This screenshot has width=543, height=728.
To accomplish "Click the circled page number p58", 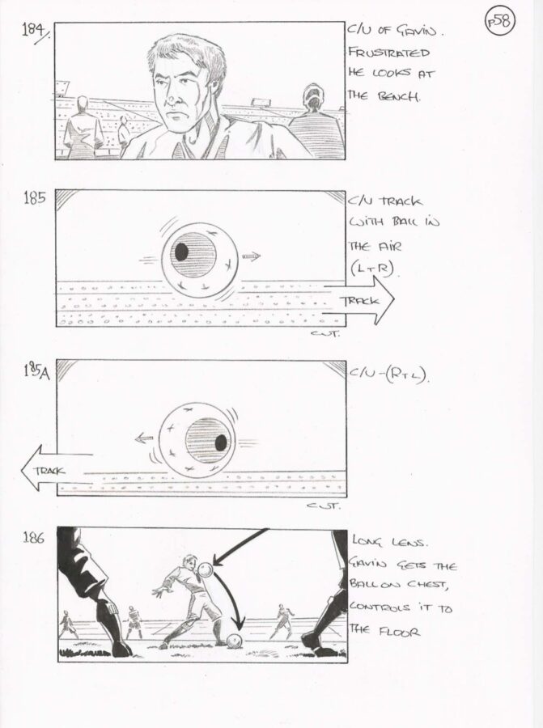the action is (x=500, y=22).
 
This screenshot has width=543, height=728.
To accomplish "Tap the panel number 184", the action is (x=35, y=31).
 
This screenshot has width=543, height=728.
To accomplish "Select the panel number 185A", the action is (x=36, y=372).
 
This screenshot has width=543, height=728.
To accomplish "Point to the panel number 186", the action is (x=33, y=538).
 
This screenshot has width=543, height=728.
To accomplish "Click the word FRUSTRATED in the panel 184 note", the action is (x=388, y=52).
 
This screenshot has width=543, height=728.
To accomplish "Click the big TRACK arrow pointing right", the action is (x=358, y=301).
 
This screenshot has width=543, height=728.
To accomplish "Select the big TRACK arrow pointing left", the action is (x=56, y=469).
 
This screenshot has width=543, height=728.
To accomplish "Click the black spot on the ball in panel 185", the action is (x=181, y=252).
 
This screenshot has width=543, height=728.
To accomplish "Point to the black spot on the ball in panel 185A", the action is (x=221, y=442).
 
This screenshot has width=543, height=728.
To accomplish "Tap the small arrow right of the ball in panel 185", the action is (x=252, y=256).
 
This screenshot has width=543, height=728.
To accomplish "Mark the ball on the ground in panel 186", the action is (x=235, y=641).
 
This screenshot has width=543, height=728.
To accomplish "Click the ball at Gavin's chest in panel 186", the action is (x=206, y=569).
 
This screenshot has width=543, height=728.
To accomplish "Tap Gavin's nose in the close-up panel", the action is (x=171, y=98).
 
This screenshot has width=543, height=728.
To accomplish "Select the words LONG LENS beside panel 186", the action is (x=388, y=542).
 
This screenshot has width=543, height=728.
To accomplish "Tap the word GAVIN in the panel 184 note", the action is (x=417, y=31).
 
